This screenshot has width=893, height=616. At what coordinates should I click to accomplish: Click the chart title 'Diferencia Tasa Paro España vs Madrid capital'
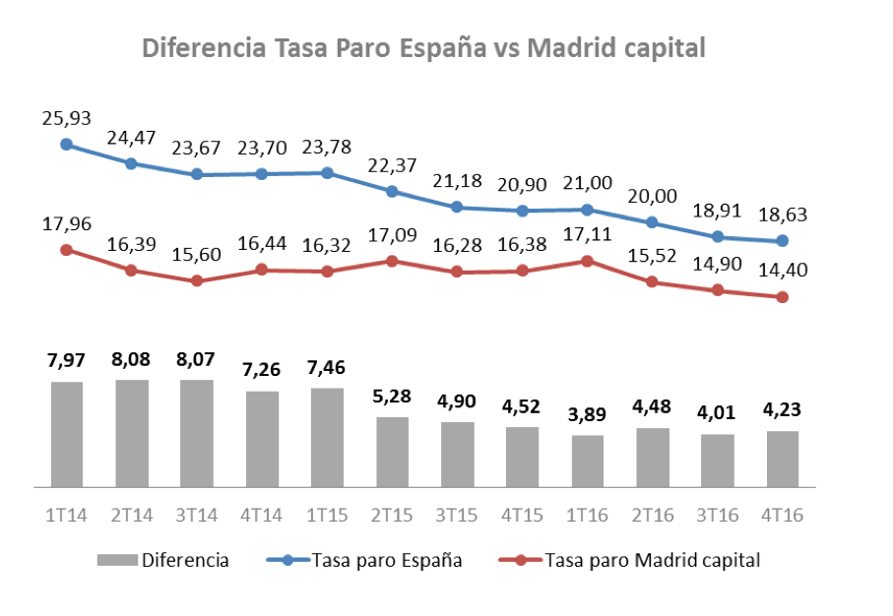click(x=424, y=48)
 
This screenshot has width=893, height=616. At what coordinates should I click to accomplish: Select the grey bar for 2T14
click(x=132, y=433)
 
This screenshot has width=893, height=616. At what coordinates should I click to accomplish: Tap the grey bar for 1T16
click(x=588, y=461)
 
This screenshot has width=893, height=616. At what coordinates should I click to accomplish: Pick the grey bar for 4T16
click(x=783, y=459)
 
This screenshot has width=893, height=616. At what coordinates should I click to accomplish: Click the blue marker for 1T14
click(x=66, y=145)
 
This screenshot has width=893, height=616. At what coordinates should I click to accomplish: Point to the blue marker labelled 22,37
click(x=392, y=192)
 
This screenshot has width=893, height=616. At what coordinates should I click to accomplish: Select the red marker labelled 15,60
click(x=197, y=280)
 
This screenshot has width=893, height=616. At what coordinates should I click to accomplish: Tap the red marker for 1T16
click(x=588, y=261)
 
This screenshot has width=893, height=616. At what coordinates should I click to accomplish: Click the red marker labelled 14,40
click(x=783, y=296)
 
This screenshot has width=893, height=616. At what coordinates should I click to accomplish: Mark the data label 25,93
click(x=66, y=118)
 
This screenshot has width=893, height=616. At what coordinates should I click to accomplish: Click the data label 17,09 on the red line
click(x=392, y=236)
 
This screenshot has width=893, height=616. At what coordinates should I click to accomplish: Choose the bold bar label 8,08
click(x=132, y=359)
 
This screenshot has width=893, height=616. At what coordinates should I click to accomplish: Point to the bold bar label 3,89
click(x=588, y=414)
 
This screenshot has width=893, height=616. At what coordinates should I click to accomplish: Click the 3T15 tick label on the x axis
click(x=457, y=515)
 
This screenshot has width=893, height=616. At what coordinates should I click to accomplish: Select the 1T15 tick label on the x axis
click(x=327, y=515)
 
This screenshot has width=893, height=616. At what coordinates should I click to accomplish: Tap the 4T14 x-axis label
click(x=262, y=515)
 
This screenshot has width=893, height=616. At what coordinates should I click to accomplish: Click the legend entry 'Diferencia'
click(x=185, y=561)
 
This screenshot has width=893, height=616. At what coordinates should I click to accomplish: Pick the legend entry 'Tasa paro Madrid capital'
click(x=651, y=561)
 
